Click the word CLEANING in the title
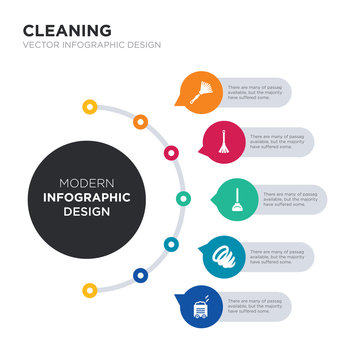[x=67, y=30]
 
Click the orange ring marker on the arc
[x=140, y=122]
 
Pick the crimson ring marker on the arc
[x=171, y=153]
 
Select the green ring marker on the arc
[x=183, y=197]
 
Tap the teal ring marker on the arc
[x=171, y=244]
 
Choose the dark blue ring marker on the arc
[x=139, y=274]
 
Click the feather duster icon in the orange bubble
[x=199, y=91]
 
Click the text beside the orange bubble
[x=262, y=91]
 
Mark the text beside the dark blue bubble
[x=262, y=305]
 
